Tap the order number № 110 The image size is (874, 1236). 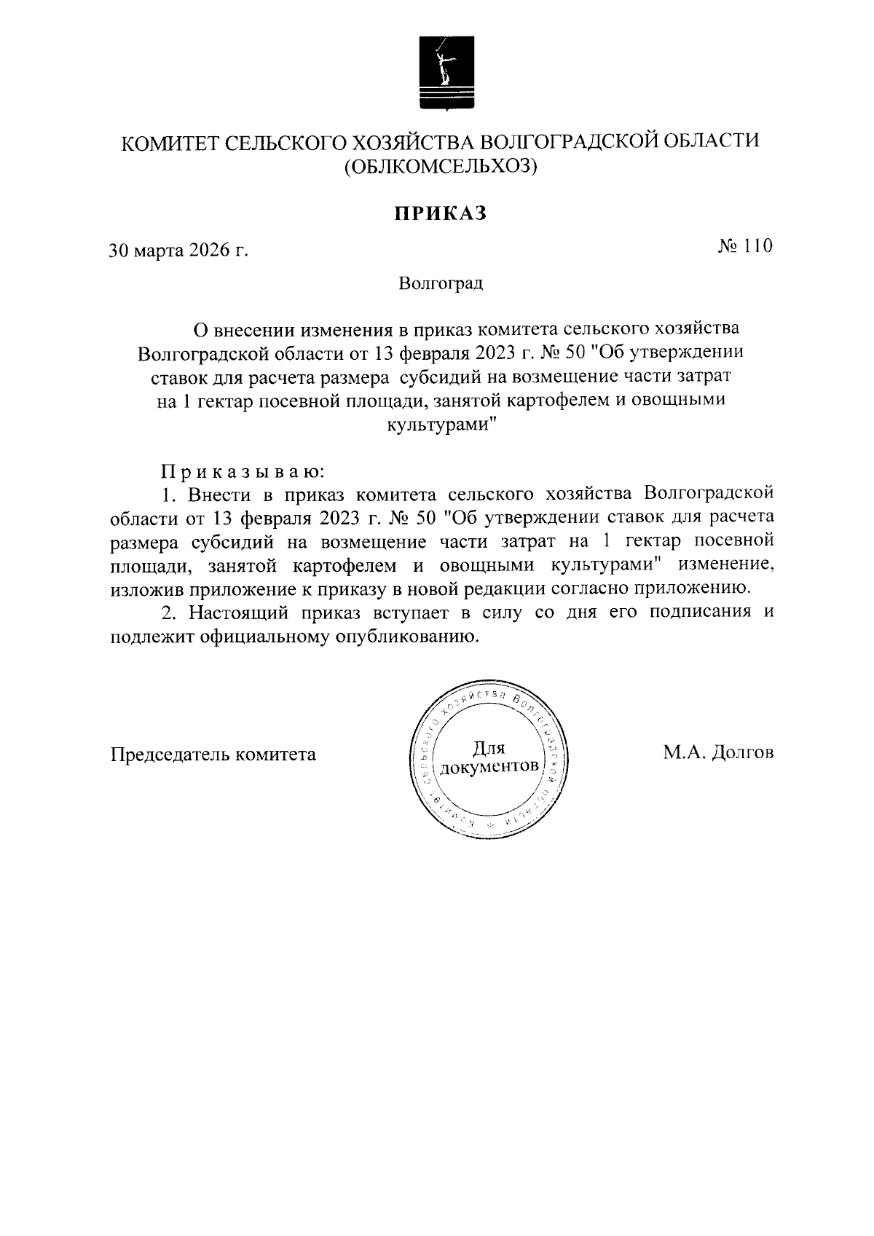click(744, 247)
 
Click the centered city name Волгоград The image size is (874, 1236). click(441, 283)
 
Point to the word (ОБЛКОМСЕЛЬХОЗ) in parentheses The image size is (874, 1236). click(440, 168)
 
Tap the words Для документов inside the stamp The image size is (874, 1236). click(489, 757)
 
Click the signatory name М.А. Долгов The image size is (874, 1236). click(717, 753)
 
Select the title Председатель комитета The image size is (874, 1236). click(213, 755)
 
